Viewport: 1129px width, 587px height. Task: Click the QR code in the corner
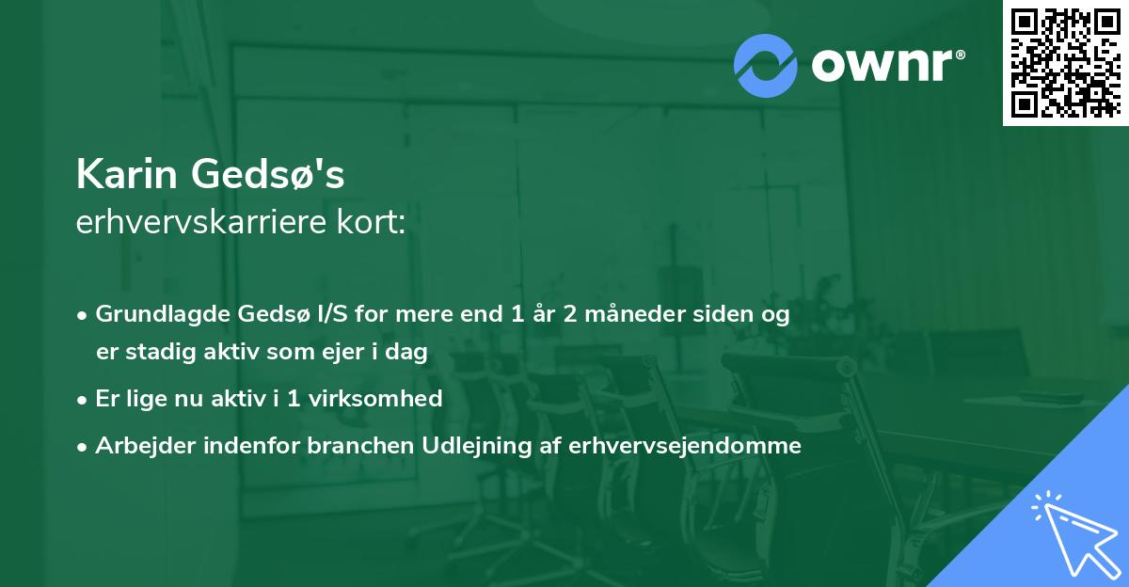(x=1066, y=63)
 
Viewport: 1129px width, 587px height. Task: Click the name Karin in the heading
(x=128, y=174)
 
